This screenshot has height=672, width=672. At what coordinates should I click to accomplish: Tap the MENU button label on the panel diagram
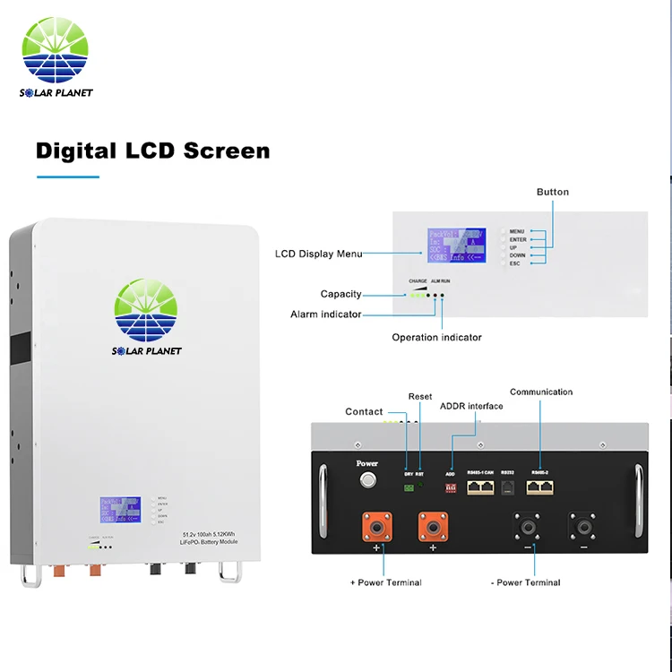(517, 231)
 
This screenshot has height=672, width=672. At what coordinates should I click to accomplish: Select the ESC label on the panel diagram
(514, 263)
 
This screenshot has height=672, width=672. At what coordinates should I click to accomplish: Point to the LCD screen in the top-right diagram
(456, 245)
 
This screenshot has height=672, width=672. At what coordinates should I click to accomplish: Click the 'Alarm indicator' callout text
(326, 314)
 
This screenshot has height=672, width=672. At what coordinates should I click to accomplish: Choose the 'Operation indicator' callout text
(436, 338)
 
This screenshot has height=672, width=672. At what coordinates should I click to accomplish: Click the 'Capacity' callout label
(341, 294)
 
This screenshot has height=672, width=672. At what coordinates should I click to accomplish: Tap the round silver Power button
(366, 482)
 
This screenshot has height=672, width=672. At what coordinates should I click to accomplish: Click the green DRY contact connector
(409, 487)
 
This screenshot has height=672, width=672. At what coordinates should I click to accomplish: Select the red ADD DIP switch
(451, 487)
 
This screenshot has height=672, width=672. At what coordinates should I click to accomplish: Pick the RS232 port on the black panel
(507, 487)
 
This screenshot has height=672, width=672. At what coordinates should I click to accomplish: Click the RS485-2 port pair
(540, 487)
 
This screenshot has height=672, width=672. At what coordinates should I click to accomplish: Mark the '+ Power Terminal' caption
(385, 582)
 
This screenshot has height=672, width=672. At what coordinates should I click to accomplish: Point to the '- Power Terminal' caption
(526, 582)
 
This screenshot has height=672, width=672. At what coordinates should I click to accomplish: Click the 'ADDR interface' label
(471, 406)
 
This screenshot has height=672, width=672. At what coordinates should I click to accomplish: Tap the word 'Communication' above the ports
(541, 392)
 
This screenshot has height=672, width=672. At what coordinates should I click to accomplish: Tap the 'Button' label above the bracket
(553, 192)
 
